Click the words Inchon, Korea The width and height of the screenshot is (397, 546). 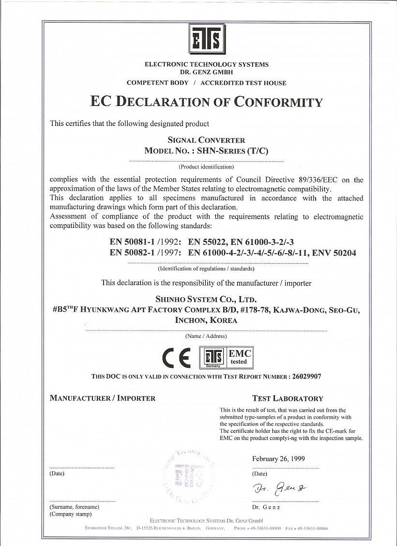[x=206, y=320]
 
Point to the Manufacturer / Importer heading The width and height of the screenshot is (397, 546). [x=103, y=398]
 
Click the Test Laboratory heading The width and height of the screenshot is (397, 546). [x=288, y=398]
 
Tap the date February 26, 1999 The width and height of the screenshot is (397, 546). [x=278, y=459]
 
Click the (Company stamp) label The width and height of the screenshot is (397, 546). [x=71, y=514]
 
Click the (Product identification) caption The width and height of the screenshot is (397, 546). [x=206, y=167]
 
